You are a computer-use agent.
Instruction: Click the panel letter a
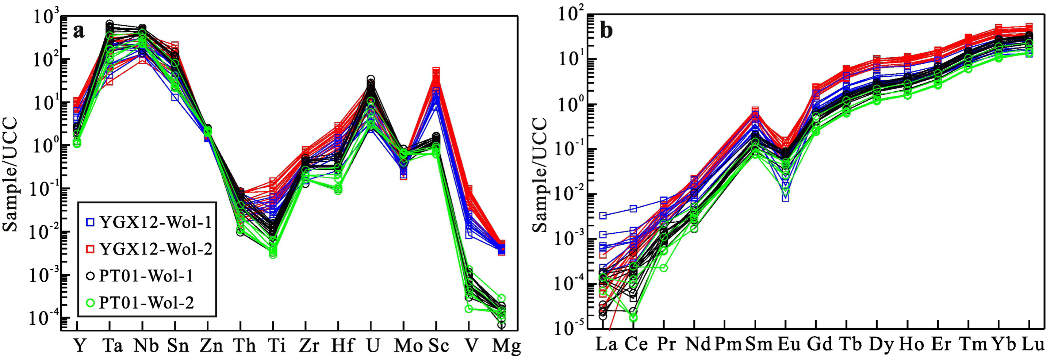point(78,31)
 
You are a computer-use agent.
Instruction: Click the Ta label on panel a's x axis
point(112,346)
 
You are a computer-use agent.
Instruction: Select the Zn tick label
point(211,346)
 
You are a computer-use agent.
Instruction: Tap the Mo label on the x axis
point(408,346)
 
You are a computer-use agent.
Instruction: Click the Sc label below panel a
point(438,346)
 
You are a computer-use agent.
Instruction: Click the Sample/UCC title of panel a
point(11,175)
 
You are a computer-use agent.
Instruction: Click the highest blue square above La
point(603,216)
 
